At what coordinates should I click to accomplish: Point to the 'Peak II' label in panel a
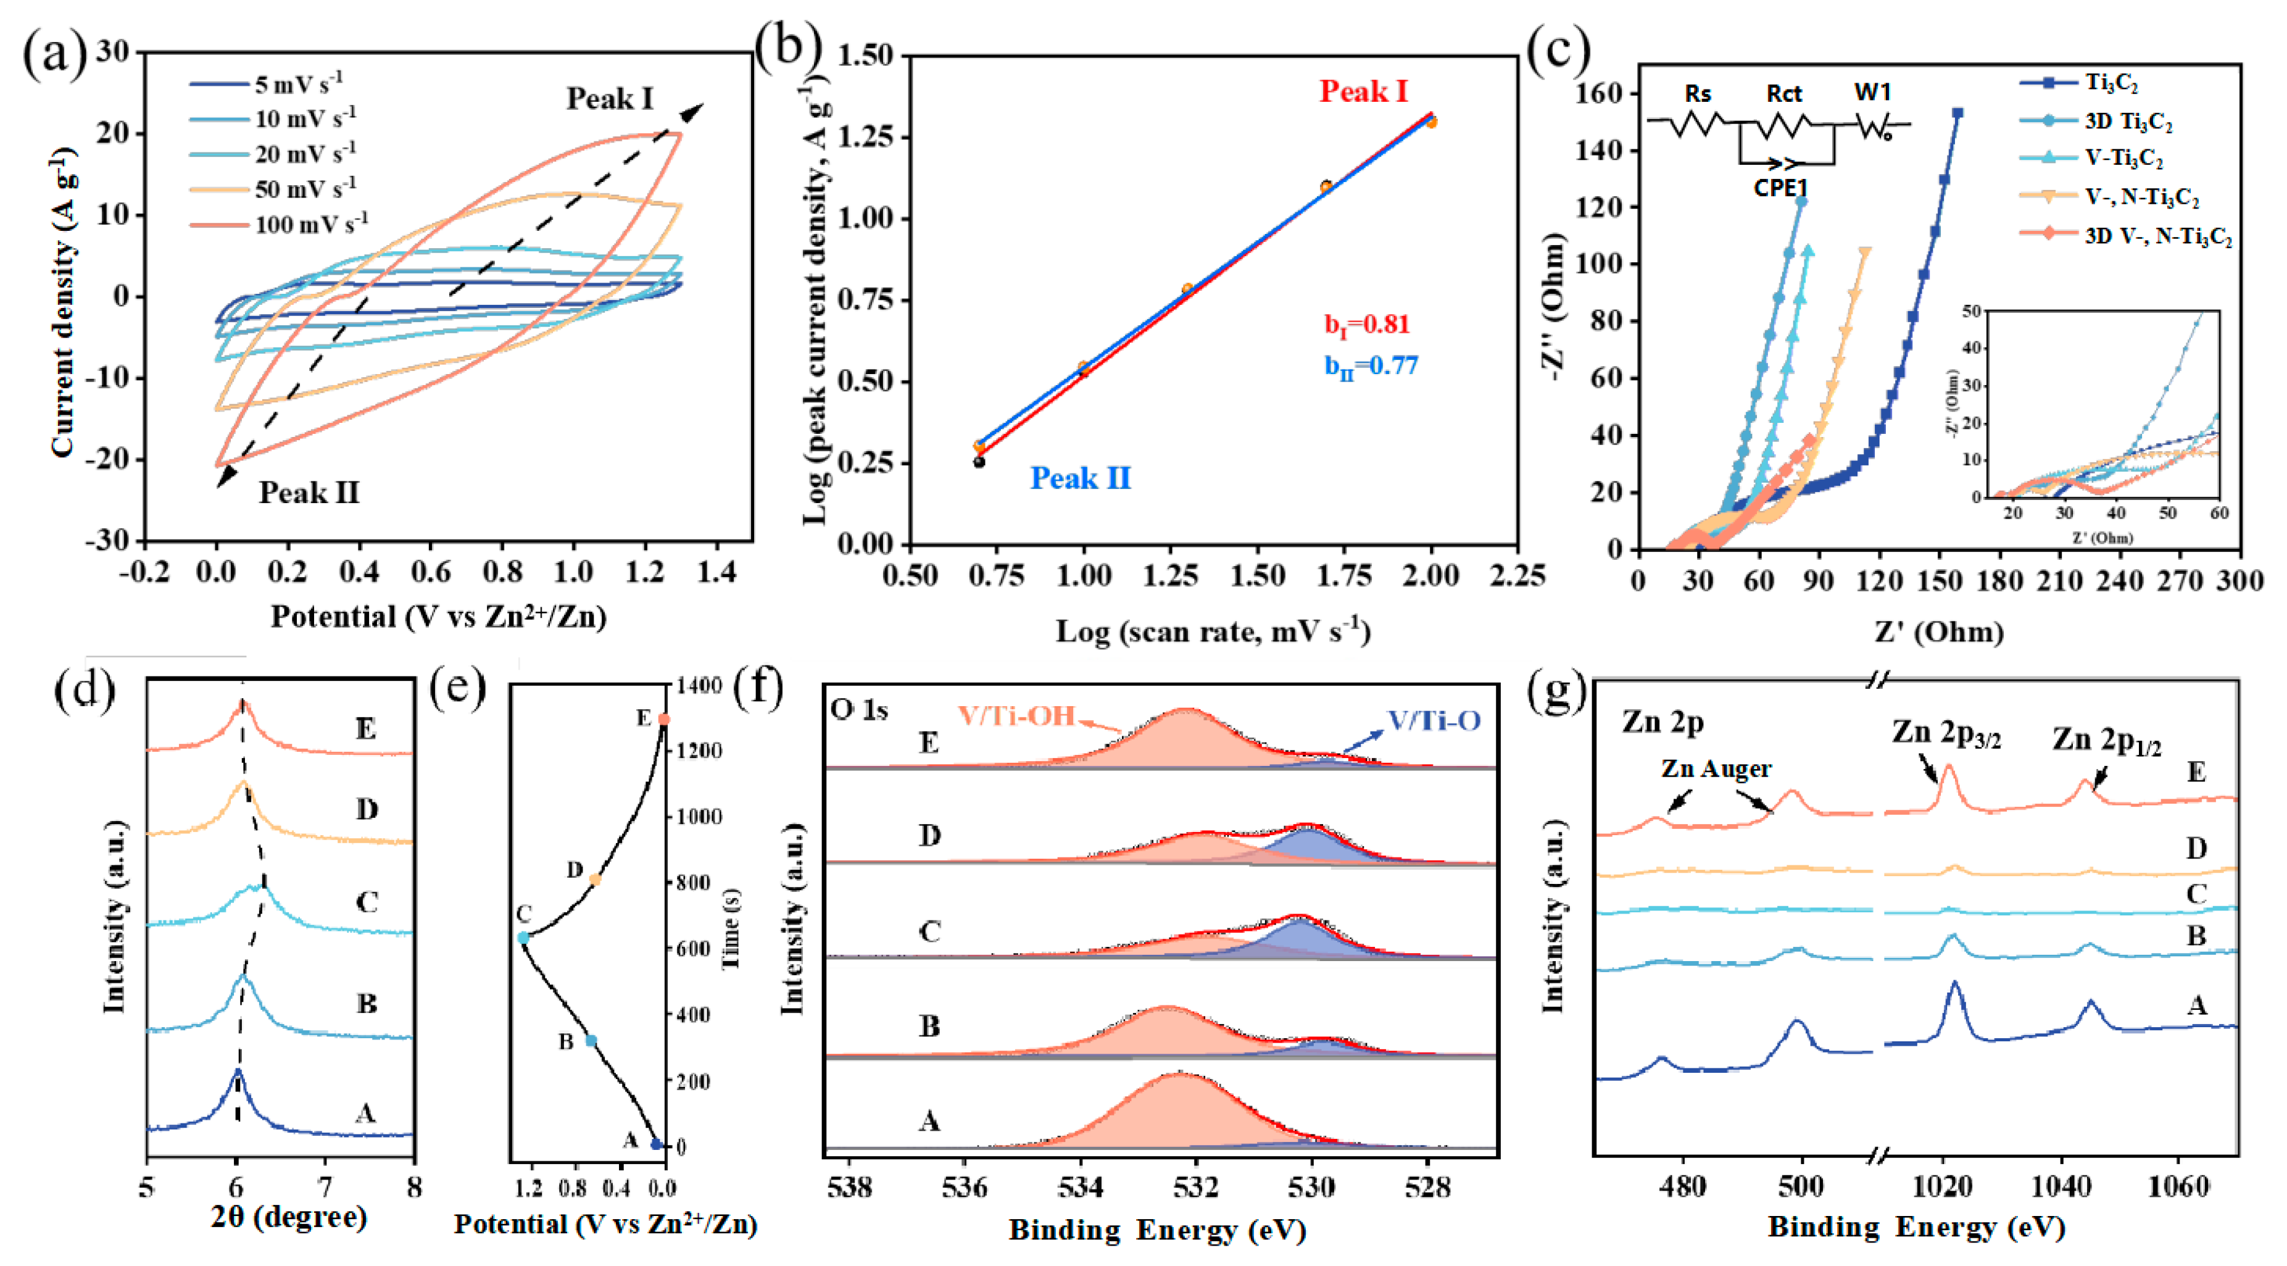(x=309, y=493)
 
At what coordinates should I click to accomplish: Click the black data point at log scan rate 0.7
(x=979, y=462)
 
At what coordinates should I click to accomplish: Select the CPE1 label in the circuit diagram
(x=1781, y=188)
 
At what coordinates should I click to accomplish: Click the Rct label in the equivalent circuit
(x=1783, y=94)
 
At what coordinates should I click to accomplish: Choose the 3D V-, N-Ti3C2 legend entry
(x=2157, y=236)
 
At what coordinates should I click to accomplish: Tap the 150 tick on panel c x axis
(x=1939, y=581)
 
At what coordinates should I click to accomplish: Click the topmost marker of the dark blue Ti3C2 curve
(x=1957, y=114)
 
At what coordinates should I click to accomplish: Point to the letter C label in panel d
(x=367, y=903)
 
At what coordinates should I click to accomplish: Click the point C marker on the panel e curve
(x=523, y=938)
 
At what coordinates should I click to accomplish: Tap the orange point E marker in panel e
(x=663, y=720)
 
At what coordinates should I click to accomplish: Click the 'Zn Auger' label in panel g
(x=1716, y=769)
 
